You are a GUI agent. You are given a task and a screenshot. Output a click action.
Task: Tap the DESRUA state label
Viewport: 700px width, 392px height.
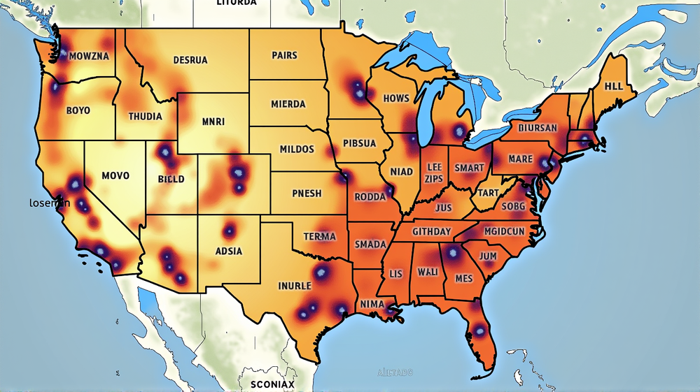point(190,60)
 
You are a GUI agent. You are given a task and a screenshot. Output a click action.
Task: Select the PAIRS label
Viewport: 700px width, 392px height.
point(285,55)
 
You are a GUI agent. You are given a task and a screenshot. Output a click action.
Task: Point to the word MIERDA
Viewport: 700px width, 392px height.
point(288,104)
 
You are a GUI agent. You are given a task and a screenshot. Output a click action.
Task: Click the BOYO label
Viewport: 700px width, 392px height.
point(78,110)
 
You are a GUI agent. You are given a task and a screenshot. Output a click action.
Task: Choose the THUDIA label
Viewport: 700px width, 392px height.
point(145,116)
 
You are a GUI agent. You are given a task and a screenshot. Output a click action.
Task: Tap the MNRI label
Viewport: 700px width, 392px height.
point(213,122)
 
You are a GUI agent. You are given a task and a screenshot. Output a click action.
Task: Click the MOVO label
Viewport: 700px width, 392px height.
point(115,175)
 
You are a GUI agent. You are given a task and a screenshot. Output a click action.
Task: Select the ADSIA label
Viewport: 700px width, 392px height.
point(229,251)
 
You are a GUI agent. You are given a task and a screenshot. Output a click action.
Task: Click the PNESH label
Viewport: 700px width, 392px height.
point(306,194)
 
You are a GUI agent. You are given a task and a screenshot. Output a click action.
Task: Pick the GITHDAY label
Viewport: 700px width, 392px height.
point(431,231)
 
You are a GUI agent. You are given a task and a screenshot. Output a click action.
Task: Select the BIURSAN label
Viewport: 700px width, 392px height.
point(538,129)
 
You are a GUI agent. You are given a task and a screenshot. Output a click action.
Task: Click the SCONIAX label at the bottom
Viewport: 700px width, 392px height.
point(272,384)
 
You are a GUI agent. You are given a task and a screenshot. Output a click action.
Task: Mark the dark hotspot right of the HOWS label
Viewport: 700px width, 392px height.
point(459,130)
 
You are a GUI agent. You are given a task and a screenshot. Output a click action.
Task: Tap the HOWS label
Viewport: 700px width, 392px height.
point(396,99)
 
